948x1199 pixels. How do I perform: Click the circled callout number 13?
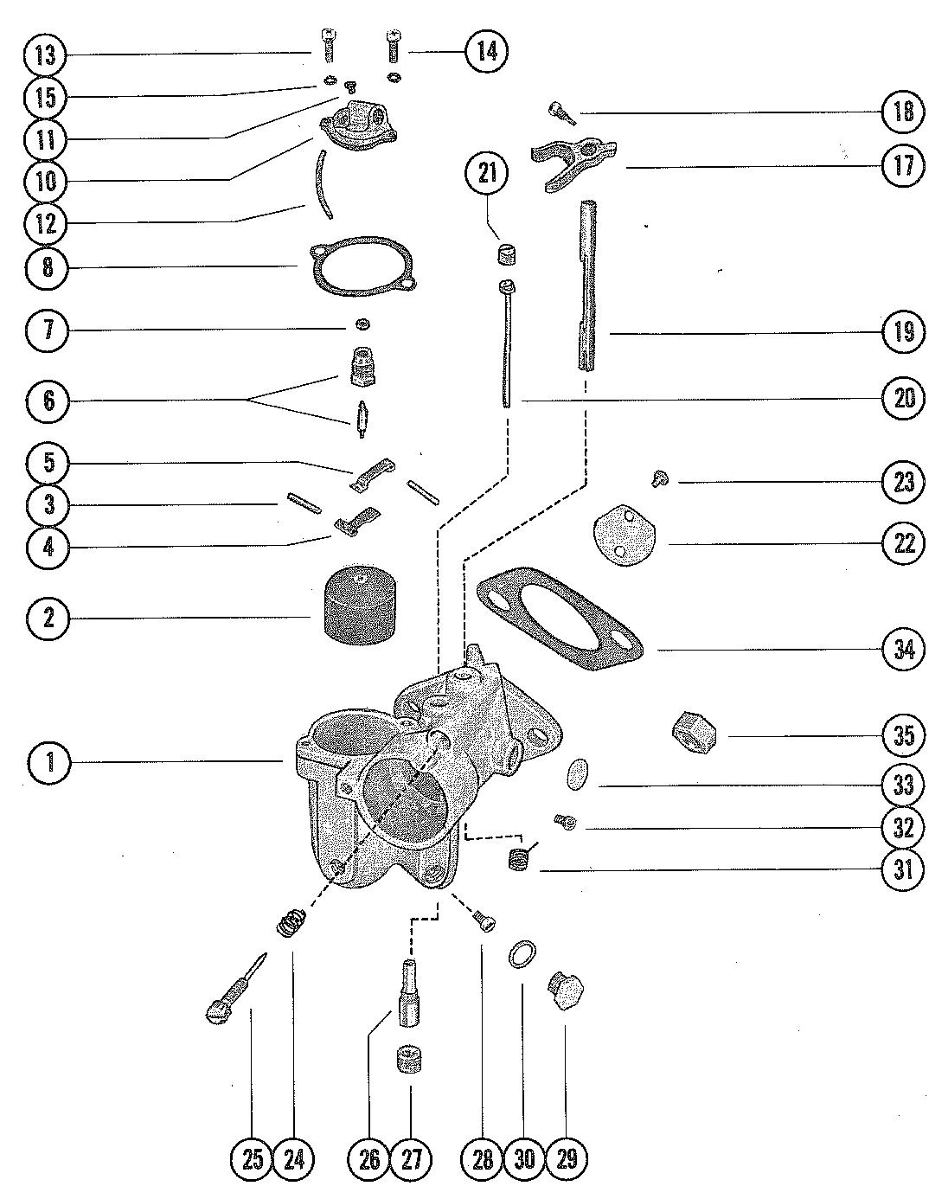[x=46, y=55]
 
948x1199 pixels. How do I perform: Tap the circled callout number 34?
[x=903, y=649]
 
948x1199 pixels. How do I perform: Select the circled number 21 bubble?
[x=487, y=173]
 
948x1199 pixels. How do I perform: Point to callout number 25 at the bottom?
[x=253, y=1159]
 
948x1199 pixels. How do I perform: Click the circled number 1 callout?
[x=49, y=761]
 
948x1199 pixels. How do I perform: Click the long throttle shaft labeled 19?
[x=587, y=286]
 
